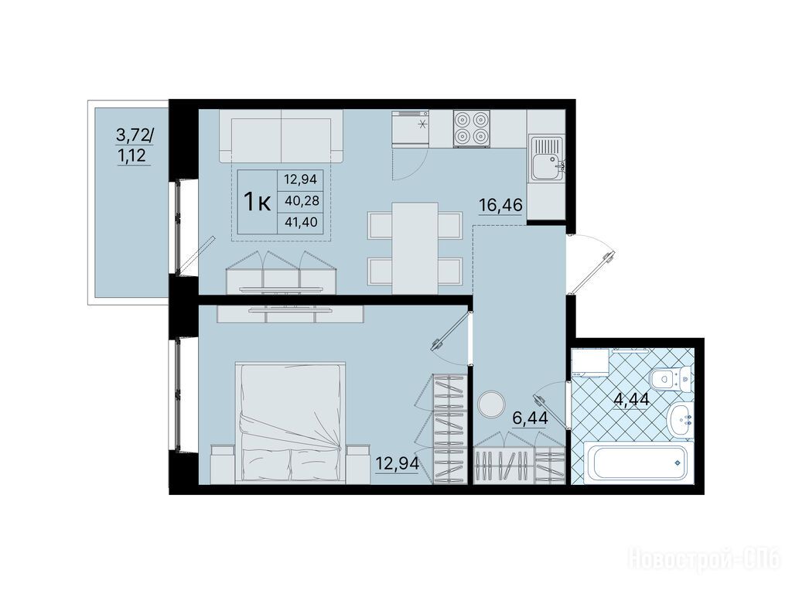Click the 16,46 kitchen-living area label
pyautogui.click(x=500, y=206)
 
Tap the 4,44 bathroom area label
pyautogui.click(x=631, y=400)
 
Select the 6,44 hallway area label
pyautogui.click(x=530, y=418)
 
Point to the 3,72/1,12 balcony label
pyautogui.click(x=134, y=145)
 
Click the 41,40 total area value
pyautogui.click(x=302, y=222)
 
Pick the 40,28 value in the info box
pyautogui.click(x=302, y=201)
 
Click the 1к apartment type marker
pyautogui.click(x=258, y=202)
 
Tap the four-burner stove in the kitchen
pyautogui.click(x=473, y=128)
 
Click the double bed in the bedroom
pyautogui.click(x=291, y=422)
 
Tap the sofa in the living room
pyautogui.click(x=281, y=136)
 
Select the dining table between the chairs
pyautogui.click(x=415, y=247)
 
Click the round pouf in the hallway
pyautogui.click(x=490, y=404)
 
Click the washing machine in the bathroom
pyautogui.click(x=589, y=362)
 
